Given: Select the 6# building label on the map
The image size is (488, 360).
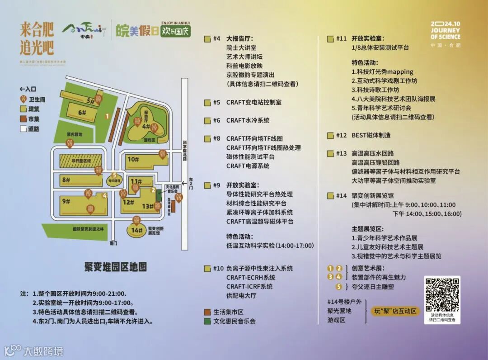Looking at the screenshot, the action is (x=82, y=113).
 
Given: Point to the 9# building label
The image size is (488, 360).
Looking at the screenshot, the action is (x=67, y=201).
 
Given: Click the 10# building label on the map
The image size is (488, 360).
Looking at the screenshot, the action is (x=132, y=159).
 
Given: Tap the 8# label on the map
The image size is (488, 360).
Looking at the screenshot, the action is (x=66, y=180).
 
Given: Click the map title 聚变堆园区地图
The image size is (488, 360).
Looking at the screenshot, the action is (x=116, y=266).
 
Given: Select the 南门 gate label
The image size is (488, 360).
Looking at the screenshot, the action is (x=114, y=243).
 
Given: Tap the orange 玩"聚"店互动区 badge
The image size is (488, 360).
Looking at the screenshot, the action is (x=396, y=311).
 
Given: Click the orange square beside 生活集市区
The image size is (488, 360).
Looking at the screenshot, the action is (x=207, y=312).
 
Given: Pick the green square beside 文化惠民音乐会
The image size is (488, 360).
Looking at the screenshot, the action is (x=207, y=321).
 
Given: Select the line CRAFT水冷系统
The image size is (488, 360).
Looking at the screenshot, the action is (x=248, y=120).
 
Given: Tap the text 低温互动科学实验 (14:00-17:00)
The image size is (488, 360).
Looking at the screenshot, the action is (x=270, y=246).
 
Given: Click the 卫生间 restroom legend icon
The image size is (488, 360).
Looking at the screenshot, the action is (x=23, y=99).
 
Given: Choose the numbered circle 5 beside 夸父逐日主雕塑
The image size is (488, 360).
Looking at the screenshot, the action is (x=338, y=286).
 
